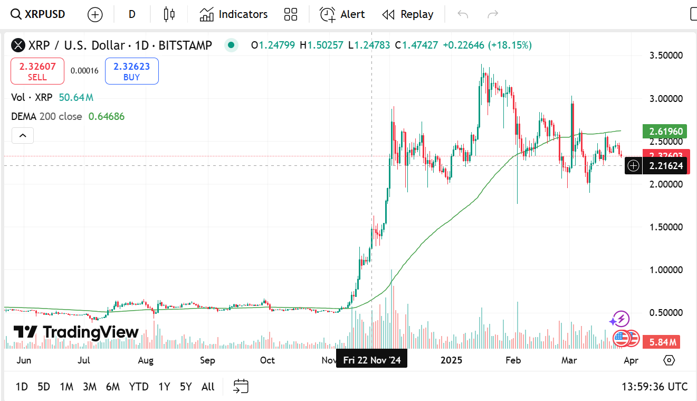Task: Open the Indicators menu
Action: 234,14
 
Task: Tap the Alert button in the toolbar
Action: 342,14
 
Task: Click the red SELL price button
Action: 37,71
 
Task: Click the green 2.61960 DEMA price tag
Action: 664,131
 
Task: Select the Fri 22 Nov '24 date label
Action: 372,360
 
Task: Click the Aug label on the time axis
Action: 146,360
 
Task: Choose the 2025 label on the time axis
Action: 452,360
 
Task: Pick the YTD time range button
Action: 139,387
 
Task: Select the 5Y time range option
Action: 186,387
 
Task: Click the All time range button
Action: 208,387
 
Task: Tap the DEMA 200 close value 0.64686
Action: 107,116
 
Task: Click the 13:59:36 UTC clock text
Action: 654,387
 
